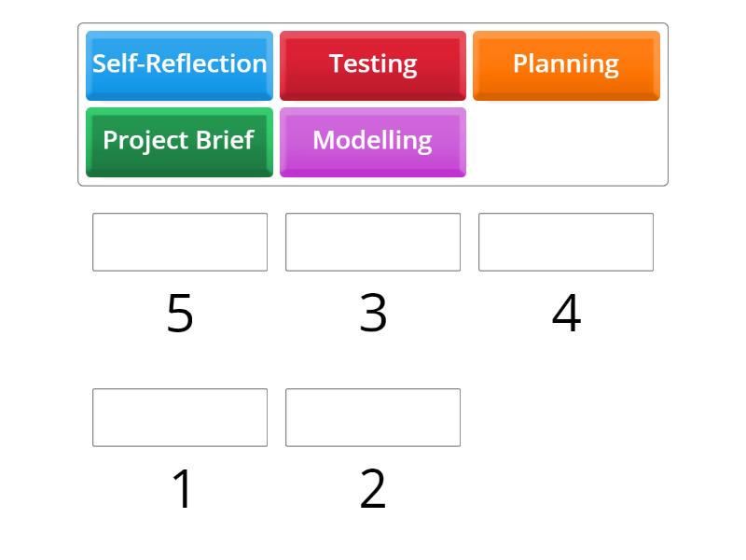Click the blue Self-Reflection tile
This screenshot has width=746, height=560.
click(x=179, y=65)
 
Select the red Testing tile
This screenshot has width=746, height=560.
click(x=373, y=65)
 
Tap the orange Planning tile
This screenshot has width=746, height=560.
click(x=566, y=65)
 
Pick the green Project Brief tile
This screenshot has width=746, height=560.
click(x=179, y=143)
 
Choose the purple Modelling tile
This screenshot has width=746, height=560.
click(x=373, y=143)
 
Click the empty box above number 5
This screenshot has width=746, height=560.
click(x=180, y=242)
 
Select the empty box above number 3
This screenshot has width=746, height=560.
click(x=373, y=242)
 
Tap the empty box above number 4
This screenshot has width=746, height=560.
click(x=566, y=242)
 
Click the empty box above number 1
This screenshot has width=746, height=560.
click(x=180, y=417)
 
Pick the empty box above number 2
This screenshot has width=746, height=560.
click(x=373, y=417)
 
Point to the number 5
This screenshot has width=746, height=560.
click(x=180, y=313)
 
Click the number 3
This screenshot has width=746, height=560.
click(x=373, y=313)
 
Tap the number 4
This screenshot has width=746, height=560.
click(x=566, y=313)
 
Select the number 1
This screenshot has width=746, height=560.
click(x=182, y=488)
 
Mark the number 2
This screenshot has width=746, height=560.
click(x=372, y=488)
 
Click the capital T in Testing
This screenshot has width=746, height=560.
click(x=337, y=63)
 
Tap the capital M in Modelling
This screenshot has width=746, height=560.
click(x=324, y=140)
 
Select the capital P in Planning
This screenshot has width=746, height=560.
click(x=520, y=63)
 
